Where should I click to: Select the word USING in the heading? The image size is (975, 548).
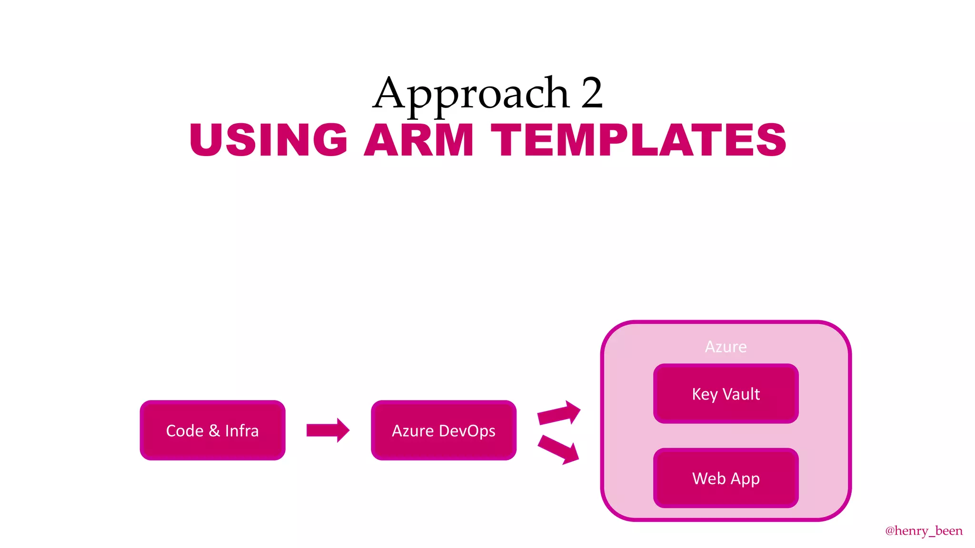tap(269, 140)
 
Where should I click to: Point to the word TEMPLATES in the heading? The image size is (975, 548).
tap(638, 140)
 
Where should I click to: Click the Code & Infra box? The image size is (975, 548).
tap(212, 430)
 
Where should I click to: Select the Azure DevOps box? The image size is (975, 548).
tap(443, 430)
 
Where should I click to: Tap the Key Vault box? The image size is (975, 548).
tap(726, 393)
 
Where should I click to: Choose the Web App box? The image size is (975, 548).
tap(726, 478)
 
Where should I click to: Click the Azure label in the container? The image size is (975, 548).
tap(726, 347)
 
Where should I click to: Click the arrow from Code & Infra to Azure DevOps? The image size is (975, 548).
tap(328, 430)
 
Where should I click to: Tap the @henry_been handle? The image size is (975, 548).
tap(924, 530)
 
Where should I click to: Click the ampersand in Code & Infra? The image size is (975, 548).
tap(214, 431)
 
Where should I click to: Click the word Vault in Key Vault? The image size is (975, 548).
tap(741, 394)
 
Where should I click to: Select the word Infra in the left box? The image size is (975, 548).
tap(242, 431)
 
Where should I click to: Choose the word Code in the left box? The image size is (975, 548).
tap(185, 431)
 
